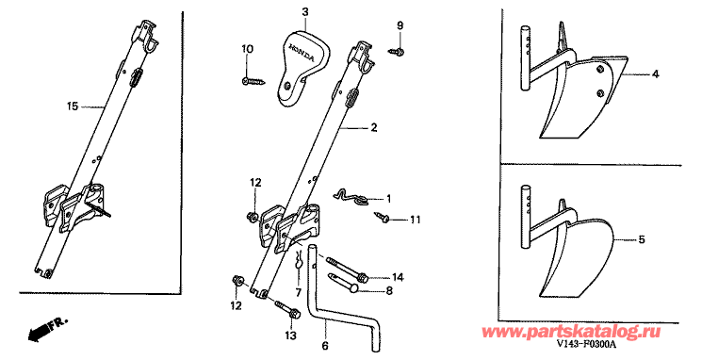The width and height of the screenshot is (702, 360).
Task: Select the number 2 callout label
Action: point(374,126)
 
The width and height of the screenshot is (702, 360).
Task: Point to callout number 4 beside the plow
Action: point(655,73)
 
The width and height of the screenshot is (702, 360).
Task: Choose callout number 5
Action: point(642,239)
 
